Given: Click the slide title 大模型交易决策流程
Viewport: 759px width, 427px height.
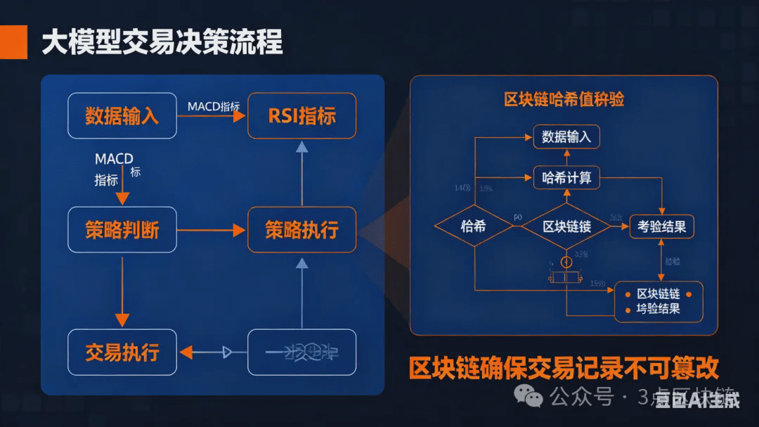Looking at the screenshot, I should [x=162, y=43].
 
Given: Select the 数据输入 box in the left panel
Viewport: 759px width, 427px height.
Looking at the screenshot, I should [x=122, y=115].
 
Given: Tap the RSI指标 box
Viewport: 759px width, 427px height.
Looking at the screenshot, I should [x=301, y=115].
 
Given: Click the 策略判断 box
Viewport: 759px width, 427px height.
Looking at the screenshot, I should [x=122, y=230].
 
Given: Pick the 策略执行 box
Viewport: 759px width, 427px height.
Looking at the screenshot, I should [x=301, y=230].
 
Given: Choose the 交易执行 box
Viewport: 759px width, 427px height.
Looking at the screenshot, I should [x=122, y=352].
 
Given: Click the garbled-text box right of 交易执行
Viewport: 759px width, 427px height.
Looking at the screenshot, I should [x=301, y=352].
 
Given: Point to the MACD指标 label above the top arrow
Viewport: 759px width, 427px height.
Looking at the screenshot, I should [x=214, y=106].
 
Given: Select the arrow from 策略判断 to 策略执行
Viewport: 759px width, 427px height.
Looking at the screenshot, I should [x=210, y=230].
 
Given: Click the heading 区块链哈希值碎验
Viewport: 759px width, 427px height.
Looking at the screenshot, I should [x=564, y=99].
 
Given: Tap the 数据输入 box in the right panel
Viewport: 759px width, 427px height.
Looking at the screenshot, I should [x=566, y=137].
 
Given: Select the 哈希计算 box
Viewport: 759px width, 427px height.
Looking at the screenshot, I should [x=566, y=178].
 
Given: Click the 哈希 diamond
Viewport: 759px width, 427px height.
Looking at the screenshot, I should [x=474, y=227].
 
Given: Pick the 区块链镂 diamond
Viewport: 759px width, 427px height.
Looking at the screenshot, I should [x=566, y=227].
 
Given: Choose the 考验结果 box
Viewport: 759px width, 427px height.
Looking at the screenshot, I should [x=661, y=227].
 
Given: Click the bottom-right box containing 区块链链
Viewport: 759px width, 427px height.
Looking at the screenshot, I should [x=659, y=301].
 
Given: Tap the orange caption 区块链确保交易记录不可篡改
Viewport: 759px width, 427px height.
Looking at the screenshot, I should [x=564, y=368].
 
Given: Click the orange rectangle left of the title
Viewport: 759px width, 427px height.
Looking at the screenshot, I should [x=13, y=42].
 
